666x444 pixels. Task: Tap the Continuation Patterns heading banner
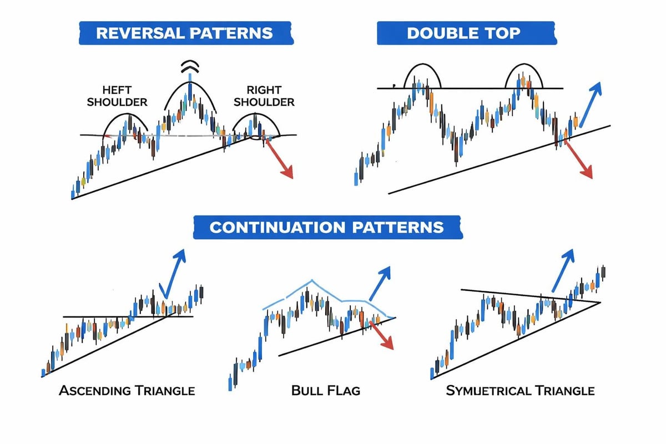(328, 227)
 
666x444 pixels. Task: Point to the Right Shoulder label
(264, 95)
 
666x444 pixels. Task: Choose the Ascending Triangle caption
(127, 391)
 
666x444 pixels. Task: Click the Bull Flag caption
(325, 391)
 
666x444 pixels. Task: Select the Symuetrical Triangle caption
(520, 391)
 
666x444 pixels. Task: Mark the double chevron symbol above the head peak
(190, 67)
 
